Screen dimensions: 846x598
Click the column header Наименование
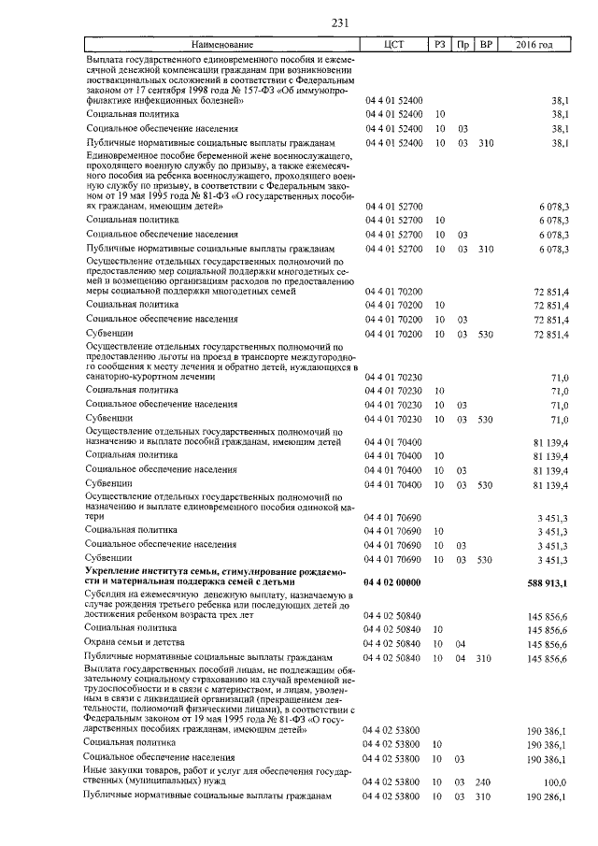click(x=222, y=45)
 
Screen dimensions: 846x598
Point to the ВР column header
click(x=486, y=45)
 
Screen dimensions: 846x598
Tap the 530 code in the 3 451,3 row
click(x=484, y=559)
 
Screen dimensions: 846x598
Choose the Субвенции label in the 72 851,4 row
click(x=109, y=334)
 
